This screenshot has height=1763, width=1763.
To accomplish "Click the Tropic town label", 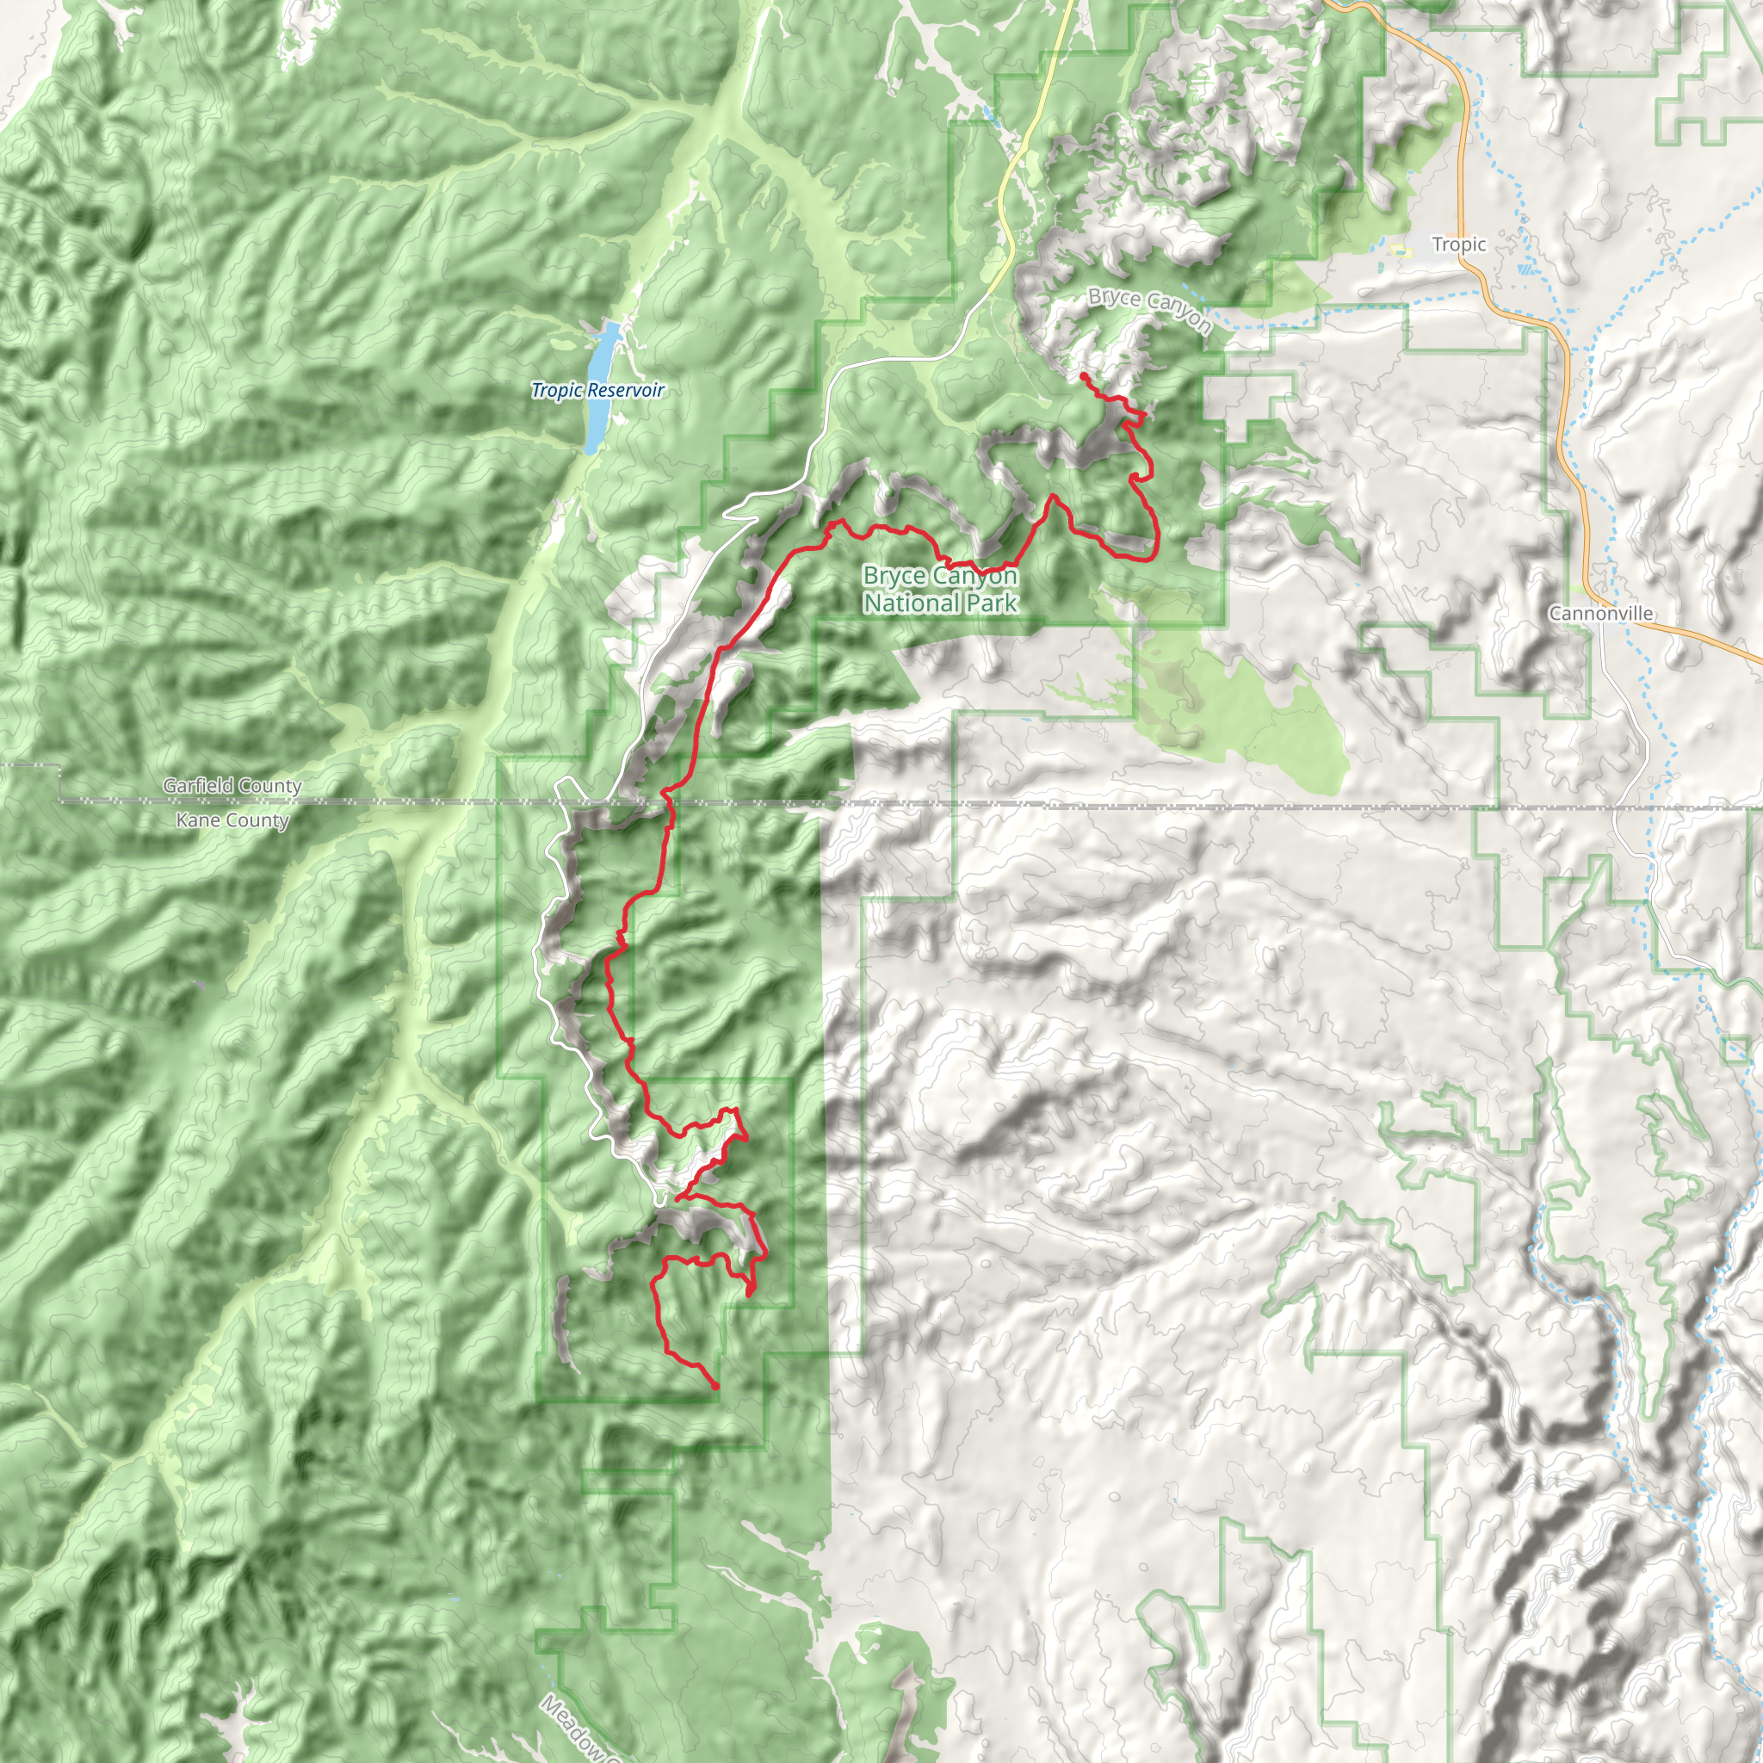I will point(1458,244).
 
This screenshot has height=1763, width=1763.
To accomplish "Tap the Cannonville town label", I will point(1600,613).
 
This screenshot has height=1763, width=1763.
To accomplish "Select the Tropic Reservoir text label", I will point(597,391).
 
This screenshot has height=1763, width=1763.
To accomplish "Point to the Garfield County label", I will point(232,786).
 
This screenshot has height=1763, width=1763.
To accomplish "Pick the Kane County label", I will point(232,820).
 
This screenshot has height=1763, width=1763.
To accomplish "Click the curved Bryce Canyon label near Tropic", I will point(1150,311).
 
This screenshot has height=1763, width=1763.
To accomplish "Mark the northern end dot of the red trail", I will point(1083,376).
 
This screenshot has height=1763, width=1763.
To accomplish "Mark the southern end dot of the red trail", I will point(715,1386).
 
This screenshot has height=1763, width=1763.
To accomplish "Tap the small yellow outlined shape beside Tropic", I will point(1397,250).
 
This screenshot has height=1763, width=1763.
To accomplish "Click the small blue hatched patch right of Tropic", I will point(1525,269).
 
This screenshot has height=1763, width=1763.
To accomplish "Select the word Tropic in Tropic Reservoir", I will point(557,391).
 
